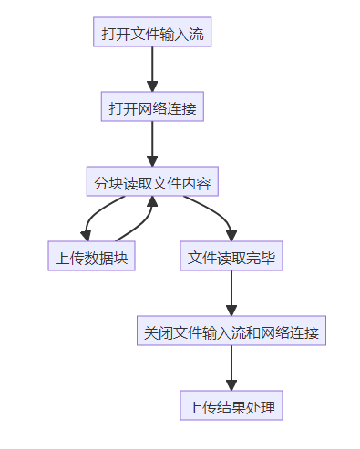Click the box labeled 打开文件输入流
(x=152, y=33)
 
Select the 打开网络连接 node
(x=152, y=107)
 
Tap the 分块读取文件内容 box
(x=152, y=182)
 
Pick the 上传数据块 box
(x=92, y=257)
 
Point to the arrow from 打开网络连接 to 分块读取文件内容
(x=152, y=144)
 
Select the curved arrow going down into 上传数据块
(x=92, y=219)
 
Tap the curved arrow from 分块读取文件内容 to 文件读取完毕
(x=214, y=215)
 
